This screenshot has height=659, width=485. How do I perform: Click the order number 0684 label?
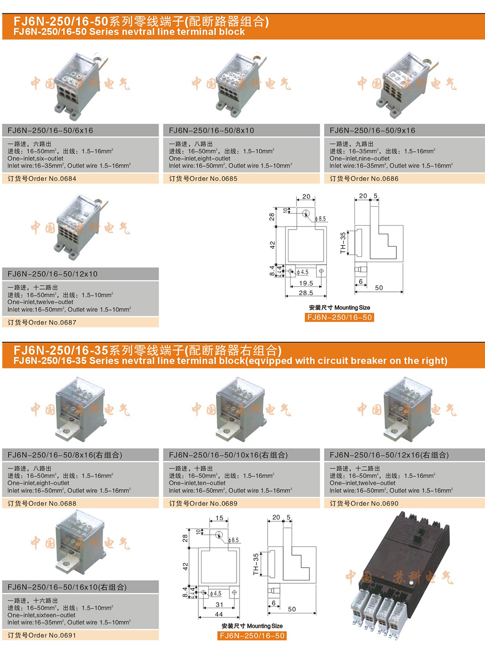coord(42,179)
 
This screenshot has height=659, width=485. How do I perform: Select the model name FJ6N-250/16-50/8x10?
coord(211,130)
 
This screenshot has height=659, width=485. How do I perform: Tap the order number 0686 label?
coord(364,179)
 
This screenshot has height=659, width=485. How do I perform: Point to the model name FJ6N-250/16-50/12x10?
coord(52,274)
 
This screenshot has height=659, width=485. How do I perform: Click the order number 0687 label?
coord(42,323)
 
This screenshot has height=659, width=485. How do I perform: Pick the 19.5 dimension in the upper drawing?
coord(306,283)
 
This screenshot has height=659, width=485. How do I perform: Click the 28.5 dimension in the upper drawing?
coord(306,293)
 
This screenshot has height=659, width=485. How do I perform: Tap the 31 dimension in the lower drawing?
coord(219,605)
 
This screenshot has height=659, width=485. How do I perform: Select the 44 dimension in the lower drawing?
coord(219,614)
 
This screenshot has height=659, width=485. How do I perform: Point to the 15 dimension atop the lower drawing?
coord(219,518)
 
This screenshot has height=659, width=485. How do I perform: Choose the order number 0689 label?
coord(203,503)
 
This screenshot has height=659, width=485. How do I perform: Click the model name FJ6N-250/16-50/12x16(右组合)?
coord(389,455)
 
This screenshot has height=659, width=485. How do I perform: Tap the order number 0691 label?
coord(42,635)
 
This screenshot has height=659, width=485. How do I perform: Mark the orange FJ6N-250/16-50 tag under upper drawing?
coord(339,318)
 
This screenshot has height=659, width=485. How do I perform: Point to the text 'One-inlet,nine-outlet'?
coord(360,159)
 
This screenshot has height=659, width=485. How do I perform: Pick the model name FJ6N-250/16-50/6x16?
coord(50,130)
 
